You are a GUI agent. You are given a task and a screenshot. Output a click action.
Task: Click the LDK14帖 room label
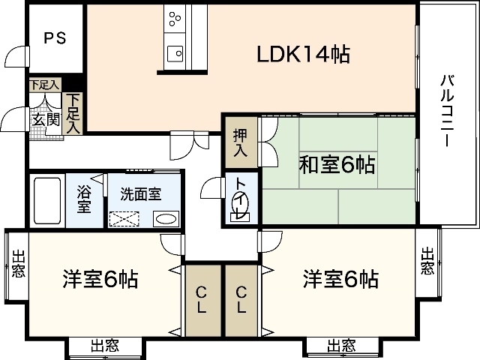[304, 54]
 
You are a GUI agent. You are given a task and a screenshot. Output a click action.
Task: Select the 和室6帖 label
[337, 164]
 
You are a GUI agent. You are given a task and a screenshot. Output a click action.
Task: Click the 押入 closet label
[239, 142]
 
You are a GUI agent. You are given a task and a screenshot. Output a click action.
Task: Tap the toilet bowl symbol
[241, 204]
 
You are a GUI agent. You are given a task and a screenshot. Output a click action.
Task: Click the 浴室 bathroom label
[84, 199]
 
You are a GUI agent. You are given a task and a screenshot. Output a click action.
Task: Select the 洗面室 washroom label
[140, 193]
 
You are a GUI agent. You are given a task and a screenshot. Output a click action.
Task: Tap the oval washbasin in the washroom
[166, 219]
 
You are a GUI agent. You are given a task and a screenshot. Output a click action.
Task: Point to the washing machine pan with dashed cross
[125, 219]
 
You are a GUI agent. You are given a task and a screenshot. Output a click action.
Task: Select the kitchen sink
[175, 52]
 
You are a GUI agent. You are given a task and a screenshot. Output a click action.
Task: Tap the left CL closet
[202, 300]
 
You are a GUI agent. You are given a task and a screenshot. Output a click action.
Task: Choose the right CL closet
[241, 300]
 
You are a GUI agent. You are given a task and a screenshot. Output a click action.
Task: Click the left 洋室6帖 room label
[99, 280]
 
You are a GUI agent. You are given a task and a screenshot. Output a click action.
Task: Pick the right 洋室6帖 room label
[340, 280]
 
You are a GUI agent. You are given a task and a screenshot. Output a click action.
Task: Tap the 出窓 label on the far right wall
[427, 260]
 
